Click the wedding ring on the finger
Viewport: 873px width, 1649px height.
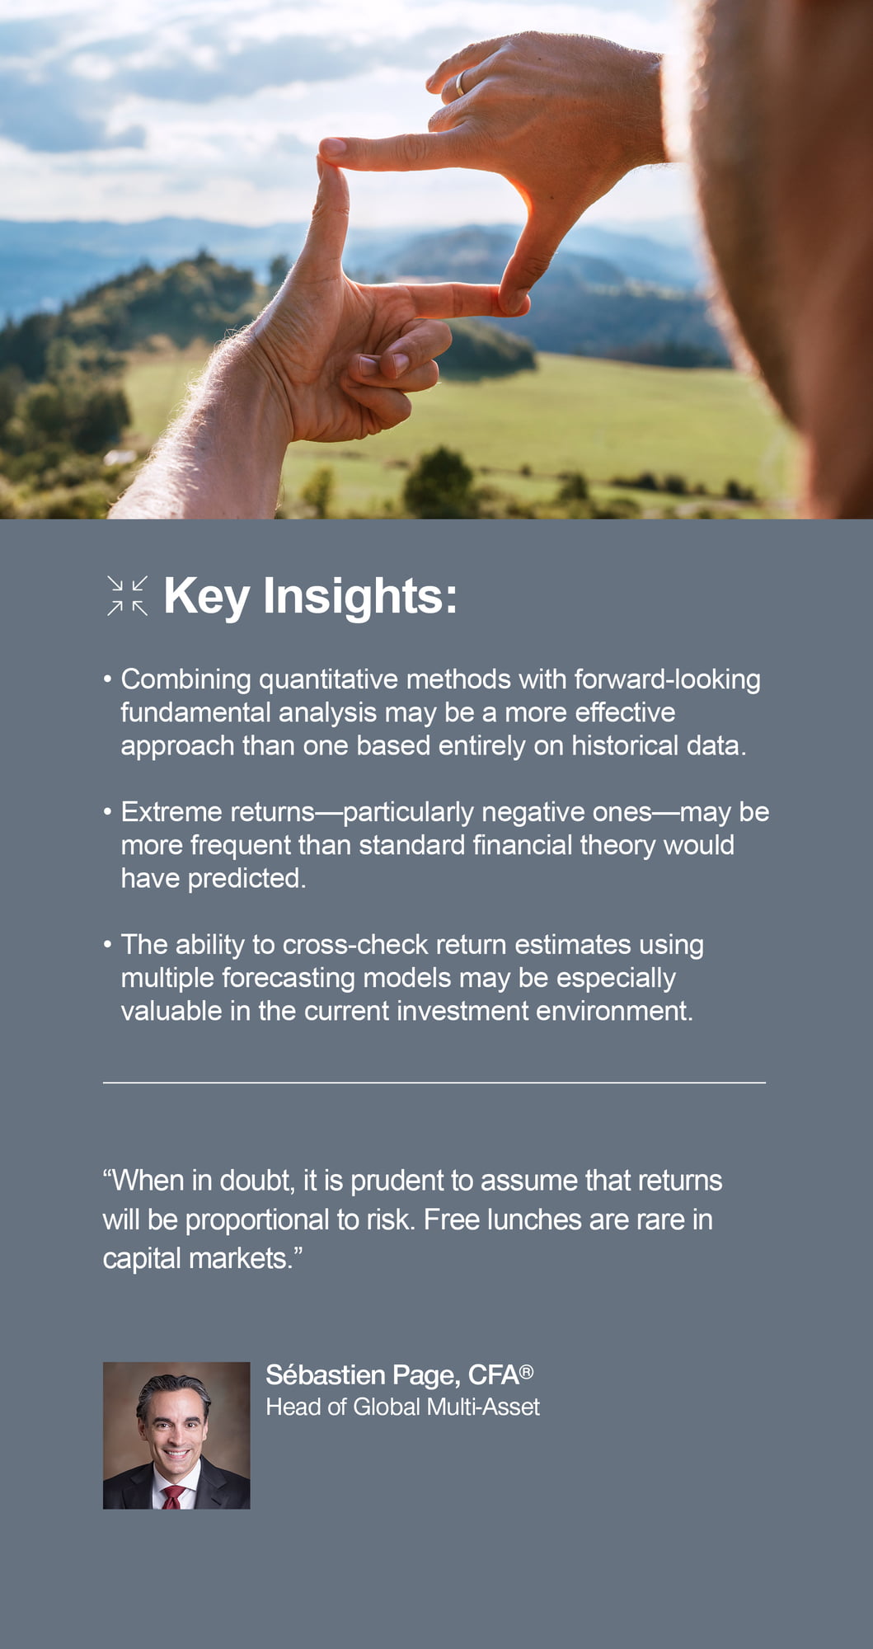[x=460, y=83]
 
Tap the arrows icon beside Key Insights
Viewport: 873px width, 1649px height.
[x=128, y=596]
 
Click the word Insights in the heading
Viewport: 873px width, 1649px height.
[x=360, y=596]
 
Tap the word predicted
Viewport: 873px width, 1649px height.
[x=246, y=879]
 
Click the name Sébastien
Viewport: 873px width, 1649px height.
[x=326, y=1374]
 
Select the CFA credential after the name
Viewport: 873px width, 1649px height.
[x=500, y=1374]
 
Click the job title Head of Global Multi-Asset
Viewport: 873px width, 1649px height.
[x=402, y=1407]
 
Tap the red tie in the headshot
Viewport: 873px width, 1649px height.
[x=173, y=1497]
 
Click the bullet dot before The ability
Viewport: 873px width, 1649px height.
[x=107, y=945]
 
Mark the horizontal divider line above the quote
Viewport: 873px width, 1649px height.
[x=434, y=1083]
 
